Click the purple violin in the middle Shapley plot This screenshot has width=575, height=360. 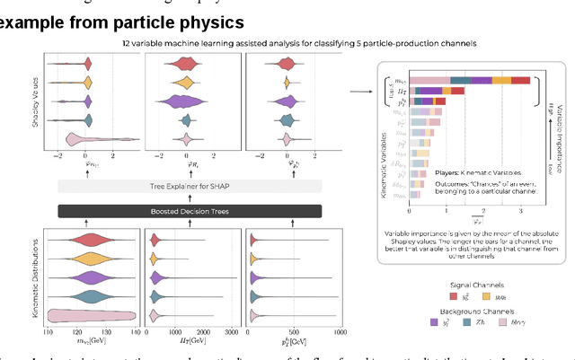coord(186,101)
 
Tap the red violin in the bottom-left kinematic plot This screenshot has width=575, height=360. coord(90,240)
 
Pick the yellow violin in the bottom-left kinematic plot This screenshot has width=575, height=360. coord(90,259)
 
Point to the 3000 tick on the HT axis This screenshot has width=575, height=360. coord(229,333)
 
